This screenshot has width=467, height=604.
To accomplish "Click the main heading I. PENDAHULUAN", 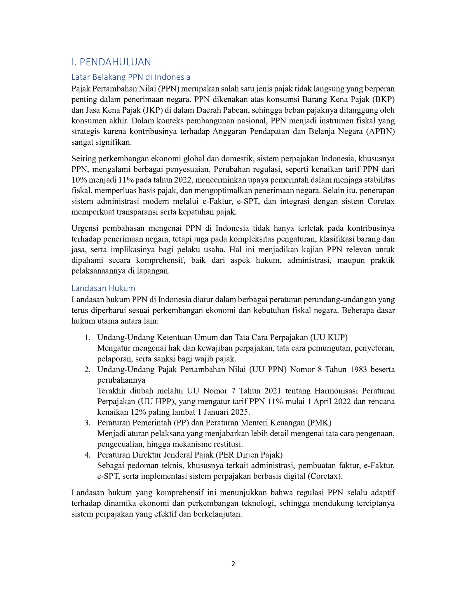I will point(111,62).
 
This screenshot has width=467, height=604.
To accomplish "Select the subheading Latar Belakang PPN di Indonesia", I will point(131,77).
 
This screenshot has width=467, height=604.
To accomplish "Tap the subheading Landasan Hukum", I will point(103,288).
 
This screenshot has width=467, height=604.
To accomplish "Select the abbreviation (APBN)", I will point(381,132).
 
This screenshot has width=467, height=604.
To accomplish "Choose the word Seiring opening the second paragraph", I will point(83,159).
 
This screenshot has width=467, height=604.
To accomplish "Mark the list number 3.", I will point(87,423).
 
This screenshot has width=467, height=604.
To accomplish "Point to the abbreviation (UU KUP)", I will point(329,337).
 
